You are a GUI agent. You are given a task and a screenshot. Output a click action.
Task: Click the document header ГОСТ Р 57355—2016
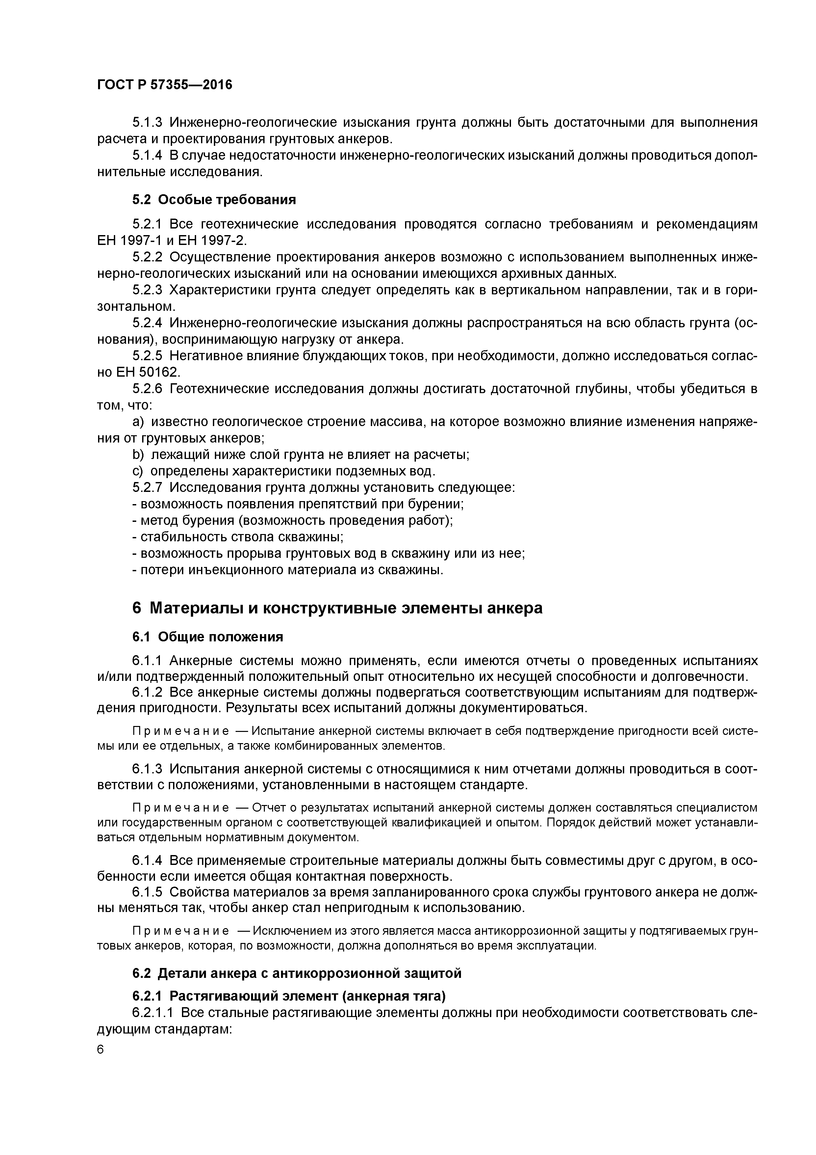[x=165, y=85]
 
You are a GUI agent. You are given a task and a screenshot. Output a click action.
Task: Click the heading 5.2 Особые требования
[x=214, y=200]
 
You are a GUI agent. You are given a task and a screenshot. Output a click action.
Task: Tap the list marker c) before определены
[x=137, y=471]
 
